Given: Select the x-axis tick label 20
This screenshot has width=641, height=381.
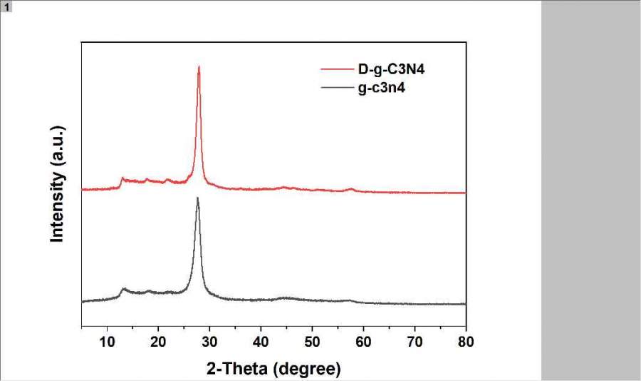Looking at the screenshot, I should click(158, 340).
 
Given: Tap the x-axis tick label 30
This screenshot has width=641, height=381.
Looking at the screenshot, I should click(209, 340).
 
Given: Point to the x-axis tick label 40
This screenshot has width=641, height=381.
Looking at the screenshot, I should click(261, 340).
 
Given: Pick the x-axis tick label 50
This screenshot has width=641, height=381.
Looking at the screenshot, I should click(312, 340).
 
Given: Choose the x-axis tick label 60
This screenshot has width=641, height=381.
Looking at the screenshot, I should click(363, 340).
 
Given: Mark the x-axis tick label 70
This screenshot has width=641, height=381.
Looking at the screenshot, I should click(415, 340).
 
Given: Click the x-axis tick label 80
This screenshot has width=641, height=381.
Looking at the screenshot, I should click(465, 340).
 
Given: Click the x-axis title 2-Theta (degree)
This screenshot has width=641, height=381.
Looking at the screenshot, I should click(273, 368).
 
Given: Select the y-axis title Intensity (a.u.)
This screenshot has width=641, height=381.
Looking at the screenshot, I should click(58, 184).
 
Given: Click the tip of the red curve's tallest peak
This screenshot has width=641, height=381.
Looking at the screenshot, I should click(199, 66).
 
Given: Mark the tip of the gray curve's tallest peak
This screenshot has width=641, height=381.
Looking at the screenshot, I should click(197, 198).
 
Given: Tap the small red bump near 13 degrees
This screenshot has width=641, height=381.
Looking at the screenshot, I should click(123, 178).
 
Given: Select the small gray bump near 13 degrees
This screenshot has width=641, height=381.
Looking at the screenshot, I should click(123, 289).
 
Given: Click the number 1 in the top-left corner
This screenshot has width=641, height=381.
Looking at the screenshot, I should click(6, 6).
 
